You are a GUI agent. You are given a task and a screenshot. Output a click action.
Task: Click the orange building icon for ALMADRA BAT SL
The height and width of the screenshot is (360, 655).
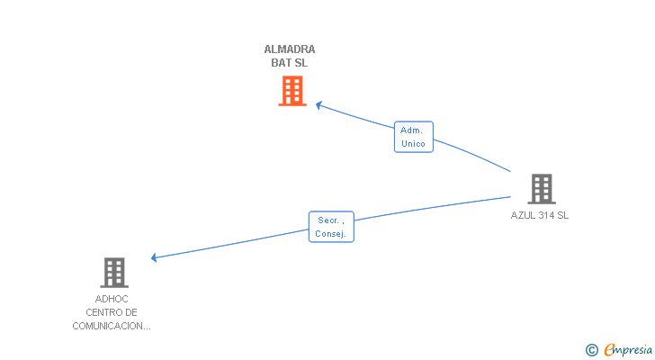[x=292, y=91]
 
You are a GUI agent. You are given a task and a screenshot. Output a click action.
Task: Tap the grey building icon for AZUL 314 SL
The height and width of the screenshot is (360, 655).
[x=541, y=189]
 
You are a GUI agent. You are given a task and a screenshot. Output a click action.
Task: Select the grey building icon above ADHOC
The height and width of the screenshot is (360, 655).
[x=114, y=272]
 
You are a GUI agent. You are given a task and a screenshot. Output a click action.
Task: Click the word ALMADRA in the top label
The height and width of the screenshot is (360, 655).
[x=290, y=49]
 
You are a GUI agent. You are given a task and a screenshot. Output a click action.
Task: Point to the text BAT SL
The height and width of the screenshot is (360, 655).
[x=290, y=63]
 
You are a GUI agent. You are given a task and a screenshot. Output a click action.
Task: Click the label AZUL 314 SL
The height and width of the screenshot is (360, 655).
[x=540, y=215]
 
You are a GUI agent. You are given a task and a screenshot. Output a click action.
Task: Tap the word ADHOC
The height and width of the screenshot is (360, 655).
[x=112, y=299]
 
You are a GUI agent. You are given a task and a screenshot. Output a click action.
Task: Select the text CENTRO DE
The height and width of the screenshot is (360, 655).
[x=112, y=312]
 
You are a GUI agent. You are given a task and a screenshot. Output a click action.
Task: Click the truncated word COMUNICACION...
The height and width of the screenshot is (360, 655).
[x=112, y=326]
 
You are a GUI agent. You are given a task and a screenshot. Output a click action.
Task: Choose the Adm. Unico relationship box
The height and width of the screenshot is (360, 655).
[x=414, y=137]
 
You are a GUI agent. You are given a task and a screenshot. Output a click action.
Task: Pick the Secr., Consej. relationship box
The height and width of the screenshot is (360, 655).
[x=331, y=226]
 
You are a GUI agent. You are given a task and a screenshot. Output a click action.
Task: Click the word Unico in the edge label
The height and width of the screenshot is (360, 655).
[x=414, y=144]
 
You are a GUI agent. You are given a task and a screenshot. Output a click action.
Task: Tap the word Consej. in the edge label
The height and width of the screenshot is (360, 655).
[x=331, y=234]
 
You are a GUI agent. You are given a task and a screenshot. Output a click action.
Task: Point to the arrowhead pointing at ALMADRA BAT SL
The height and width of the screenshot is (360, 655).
[x=319, y=105]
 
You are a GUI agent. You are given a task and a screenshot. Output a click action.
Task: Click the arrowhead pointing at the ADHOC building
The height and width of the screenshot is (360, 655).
[x=155, y=258]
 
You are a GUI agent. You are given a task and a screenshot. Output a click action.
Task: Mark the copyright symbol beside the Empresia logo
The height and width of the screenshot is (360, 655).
[x=591, y=349]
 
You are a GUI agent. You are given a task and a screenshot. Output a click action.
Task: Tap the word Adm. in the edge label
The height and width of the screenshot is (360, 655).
[x=411, y=130]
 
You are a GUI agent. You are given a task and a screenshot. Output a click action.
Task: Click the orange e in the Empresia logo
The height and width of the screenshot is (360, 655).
[x=609, y=349]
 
